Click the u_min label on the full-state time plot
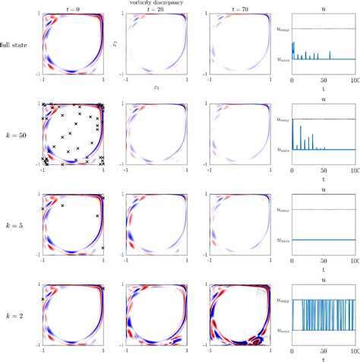[x=282, y=59]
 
